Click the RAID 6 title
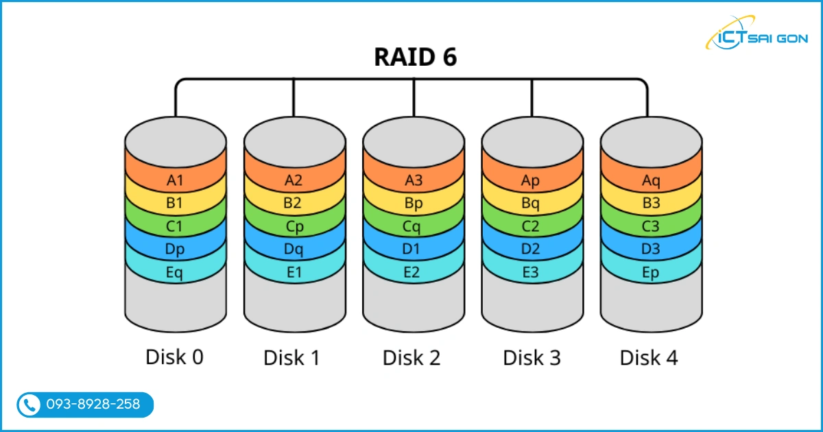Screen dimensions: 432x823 pyautogui.click(x=415, y=58)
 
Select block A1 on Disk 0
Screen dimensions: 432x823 pyautogui.click(x=176, y=181)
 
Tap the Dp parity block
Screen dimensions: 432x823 pyautogui.click(x=176, y=249)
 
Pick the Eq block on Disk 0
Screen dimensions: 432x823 pyautogui.click(x=176, y=272)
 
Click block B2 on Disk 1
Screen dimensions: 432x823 pyautogui.click(x=294, y=204)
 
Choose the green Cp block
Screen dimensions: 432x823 pyautogui.click(x=294, y=226)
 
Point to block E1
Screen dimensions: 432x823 pyautogui.click(x=294, y=272)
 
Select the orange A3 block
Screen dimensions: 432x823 pyautogui.click(x=413, y=181)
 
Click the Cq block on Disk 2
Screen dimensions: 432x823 pyautogui.click(x=413, y=226)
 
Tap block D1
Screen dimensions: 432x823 pyautogui.click(x=413, y=249)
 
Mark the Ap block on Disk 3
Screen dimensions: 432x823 pyautogui.click(x=532, y=181)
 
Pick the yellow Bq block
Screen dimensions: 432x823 pyautogui.click(x=532, y=204)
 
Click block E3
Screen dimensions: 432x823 pyautogui.click(x=532, y=272)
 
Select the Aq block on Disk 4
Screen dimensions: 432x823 pyautogui.click(x=650, y=181)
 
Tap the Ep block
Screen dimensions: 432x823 pyautogui.click(x=650, y=272)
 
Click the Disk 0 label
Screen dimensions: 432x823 pyautogui.click(x=175, y=357)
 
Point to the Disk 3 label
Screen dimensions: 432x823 pyautogui.click(x=532, y=357)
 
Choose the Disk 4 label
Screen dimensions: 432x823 pyautogui.click(x=649, y=357)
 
